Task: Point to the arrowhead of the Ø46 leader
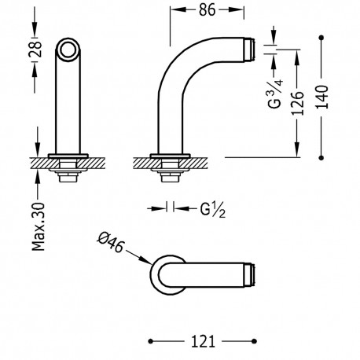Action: coord(148,263)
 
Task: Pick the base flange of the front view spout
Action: coord(68,153)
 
